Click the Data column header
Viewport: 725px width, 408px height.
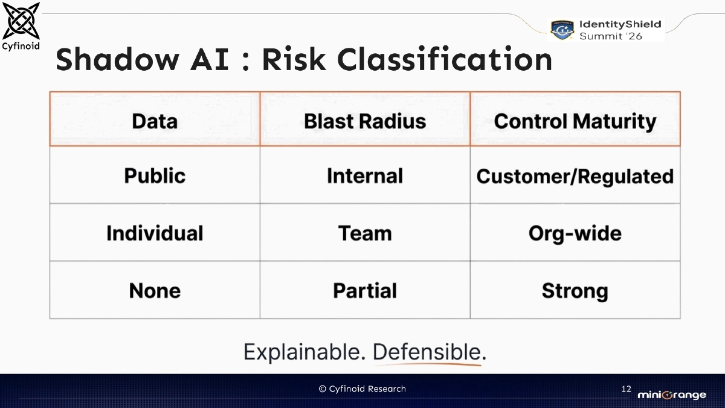(x=155, y=121)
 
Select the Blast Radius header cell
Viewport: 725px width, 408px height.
(x=365, y=121)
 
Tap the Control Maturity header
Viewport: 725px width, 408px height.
(x=575, y=121)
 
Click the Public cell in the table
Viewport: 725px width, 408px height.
(x=155, y=176)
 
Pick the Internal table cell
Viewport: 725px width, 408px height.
(x=365, y=176)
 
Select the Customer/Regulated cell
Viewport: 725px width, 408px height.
(x=575, y=176)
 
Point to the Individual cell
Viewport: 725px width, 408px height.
(x=155, y=233)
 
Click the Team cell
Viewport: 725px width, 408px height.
(x=365, y=233)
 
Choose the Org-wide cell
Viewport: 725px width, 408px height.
(x=575, y=233)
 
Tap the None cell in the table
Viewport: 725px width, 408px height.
(x=155, y=291)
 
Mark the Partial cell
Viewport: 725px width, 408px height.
(x=365, y=291)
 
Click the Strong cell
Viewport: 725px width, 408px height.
(x=575, y=291)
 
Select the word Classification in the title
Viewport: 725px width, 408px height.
(x=444, y=59)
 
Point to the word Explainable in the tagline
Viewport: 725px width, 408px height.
(x=304, y=352)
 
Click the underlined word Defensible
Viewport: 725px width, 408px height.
(x=428, y=352)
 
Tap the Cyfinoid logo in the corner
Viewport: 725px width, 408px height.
(x=22, y=25)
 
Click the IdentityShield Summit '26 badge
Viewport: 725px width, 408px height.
(x=606, y=30)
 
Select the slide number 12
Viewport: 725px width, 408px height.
(x=626, y=389)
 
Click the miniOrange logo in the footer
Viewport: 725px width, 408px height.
(x=672, y=395)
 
